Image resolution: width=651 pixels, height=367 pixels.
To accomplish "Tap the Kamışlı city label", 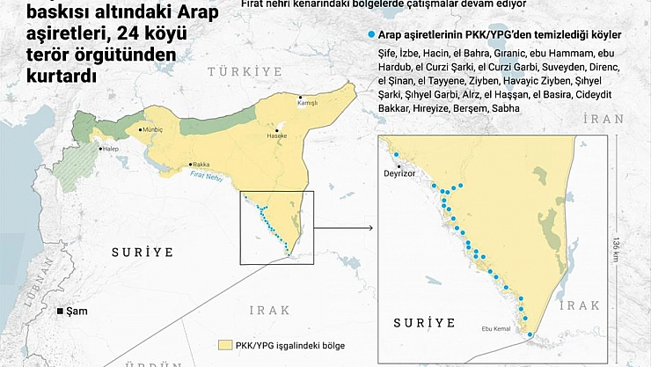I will [x=307, y=103].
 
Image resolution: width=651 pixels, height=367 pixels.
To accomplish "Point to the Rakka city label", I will [x=201, y=164].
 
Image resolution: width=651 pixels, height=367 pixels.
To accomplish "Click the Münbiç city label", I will [x=152, y=129].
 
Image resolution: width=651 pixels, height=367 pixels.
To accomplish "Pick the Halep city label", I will [x=111, y=149].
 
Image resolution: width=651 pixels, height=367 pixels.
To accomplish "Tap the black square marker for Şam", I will [x=60, y=312].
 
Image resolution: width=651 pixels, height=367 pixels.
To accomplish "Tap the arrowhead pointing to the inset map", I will [x=373, y=231].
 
